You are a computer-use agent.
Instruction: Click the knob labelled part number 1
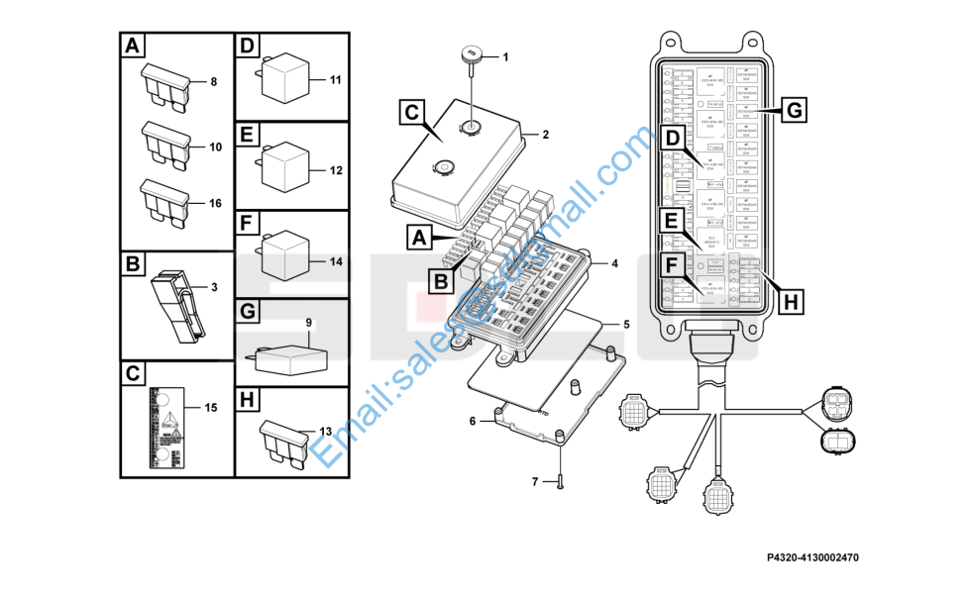coord(471,54)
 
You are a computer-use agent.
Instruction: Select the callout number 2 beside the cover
coord(544,135)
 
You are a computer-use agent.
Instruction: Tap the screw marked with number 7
coord(561,482)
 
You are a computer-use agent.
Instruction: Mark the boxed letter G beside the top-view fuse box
coord(794,110)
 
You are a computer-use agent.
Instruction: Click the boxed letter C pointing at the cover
coord(413,113)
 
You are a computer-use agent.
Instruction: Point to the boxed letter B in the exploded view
coord(441,280)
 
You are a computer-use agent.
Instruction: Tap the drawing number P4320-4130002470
coord(812,558)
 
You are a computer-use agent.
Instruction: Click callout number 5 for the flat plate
coord(625,324)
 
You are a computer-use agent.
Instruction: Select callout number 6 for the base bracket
coord(472,421)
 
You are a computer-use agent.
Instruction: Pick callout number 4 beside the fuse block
coord(614,263)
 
